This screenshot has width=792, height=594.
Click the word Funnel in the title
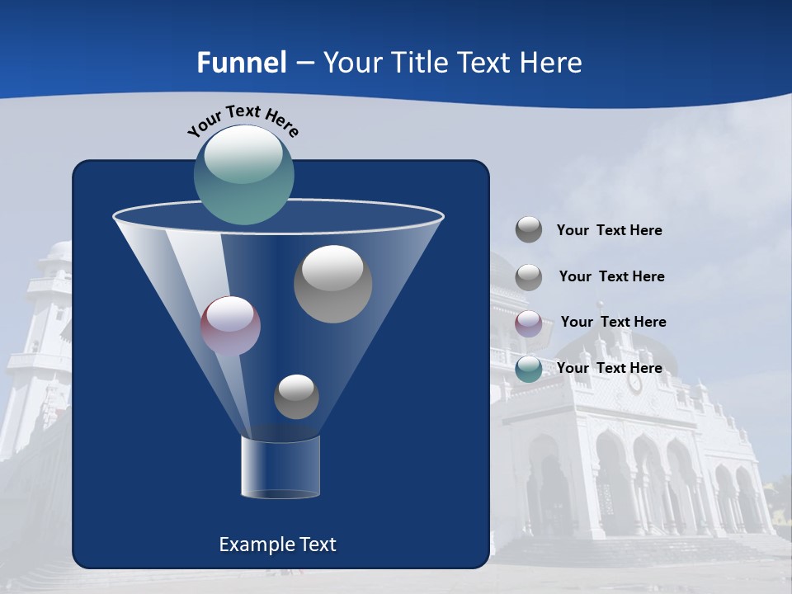pyautogui.click(x=241, y=63)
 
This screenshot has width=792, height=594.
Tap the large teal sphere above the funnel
pyautogui.click(x=243, y=174)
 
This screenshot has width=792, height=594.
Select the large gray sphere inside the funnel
pyautogui.click(x=332, y=284)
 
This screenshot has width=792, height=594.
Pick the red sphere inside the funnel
pyautogui.click(x=230, y=326)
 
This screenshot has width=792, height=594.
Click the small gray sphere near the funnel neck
pyautogui.click(x=296, y=397)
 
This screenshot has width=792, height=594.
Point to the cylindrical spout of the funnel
pyautogui.click(x=280, y=467)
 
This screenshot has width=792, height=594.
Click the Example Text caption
pyautogui.click(x=277, y=544)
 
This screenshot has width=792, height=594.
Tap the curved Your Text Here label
pyautogui.click(x=243, y=120)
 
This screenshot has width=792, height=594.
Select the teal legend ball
pyautogui.click(x=529, y=369)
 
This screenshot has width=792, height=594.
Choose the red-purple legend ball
pyautogui.click(x=529, y=323)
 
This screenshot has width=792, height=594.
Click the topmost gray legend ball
pyautogui.click(x=529, y=229)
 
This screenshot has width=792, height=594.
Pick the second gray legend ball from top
pyautogui.click(x=529, y=277)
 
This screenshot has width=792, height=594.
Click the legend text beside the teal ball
pyautogui.click(x=609, y=368)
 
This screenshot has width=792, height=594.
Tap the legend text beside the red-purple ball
pyautogui.click(x=613, y=322)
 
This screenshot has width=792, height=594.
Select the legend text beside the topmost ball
pyautogui.click(x=609, y=230)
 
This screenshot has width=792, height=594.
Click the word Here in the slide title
pyautogui.click(x=549, y=63)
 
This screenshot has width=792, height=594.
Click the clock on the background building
pyautogui.click(x=634, y=384)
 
